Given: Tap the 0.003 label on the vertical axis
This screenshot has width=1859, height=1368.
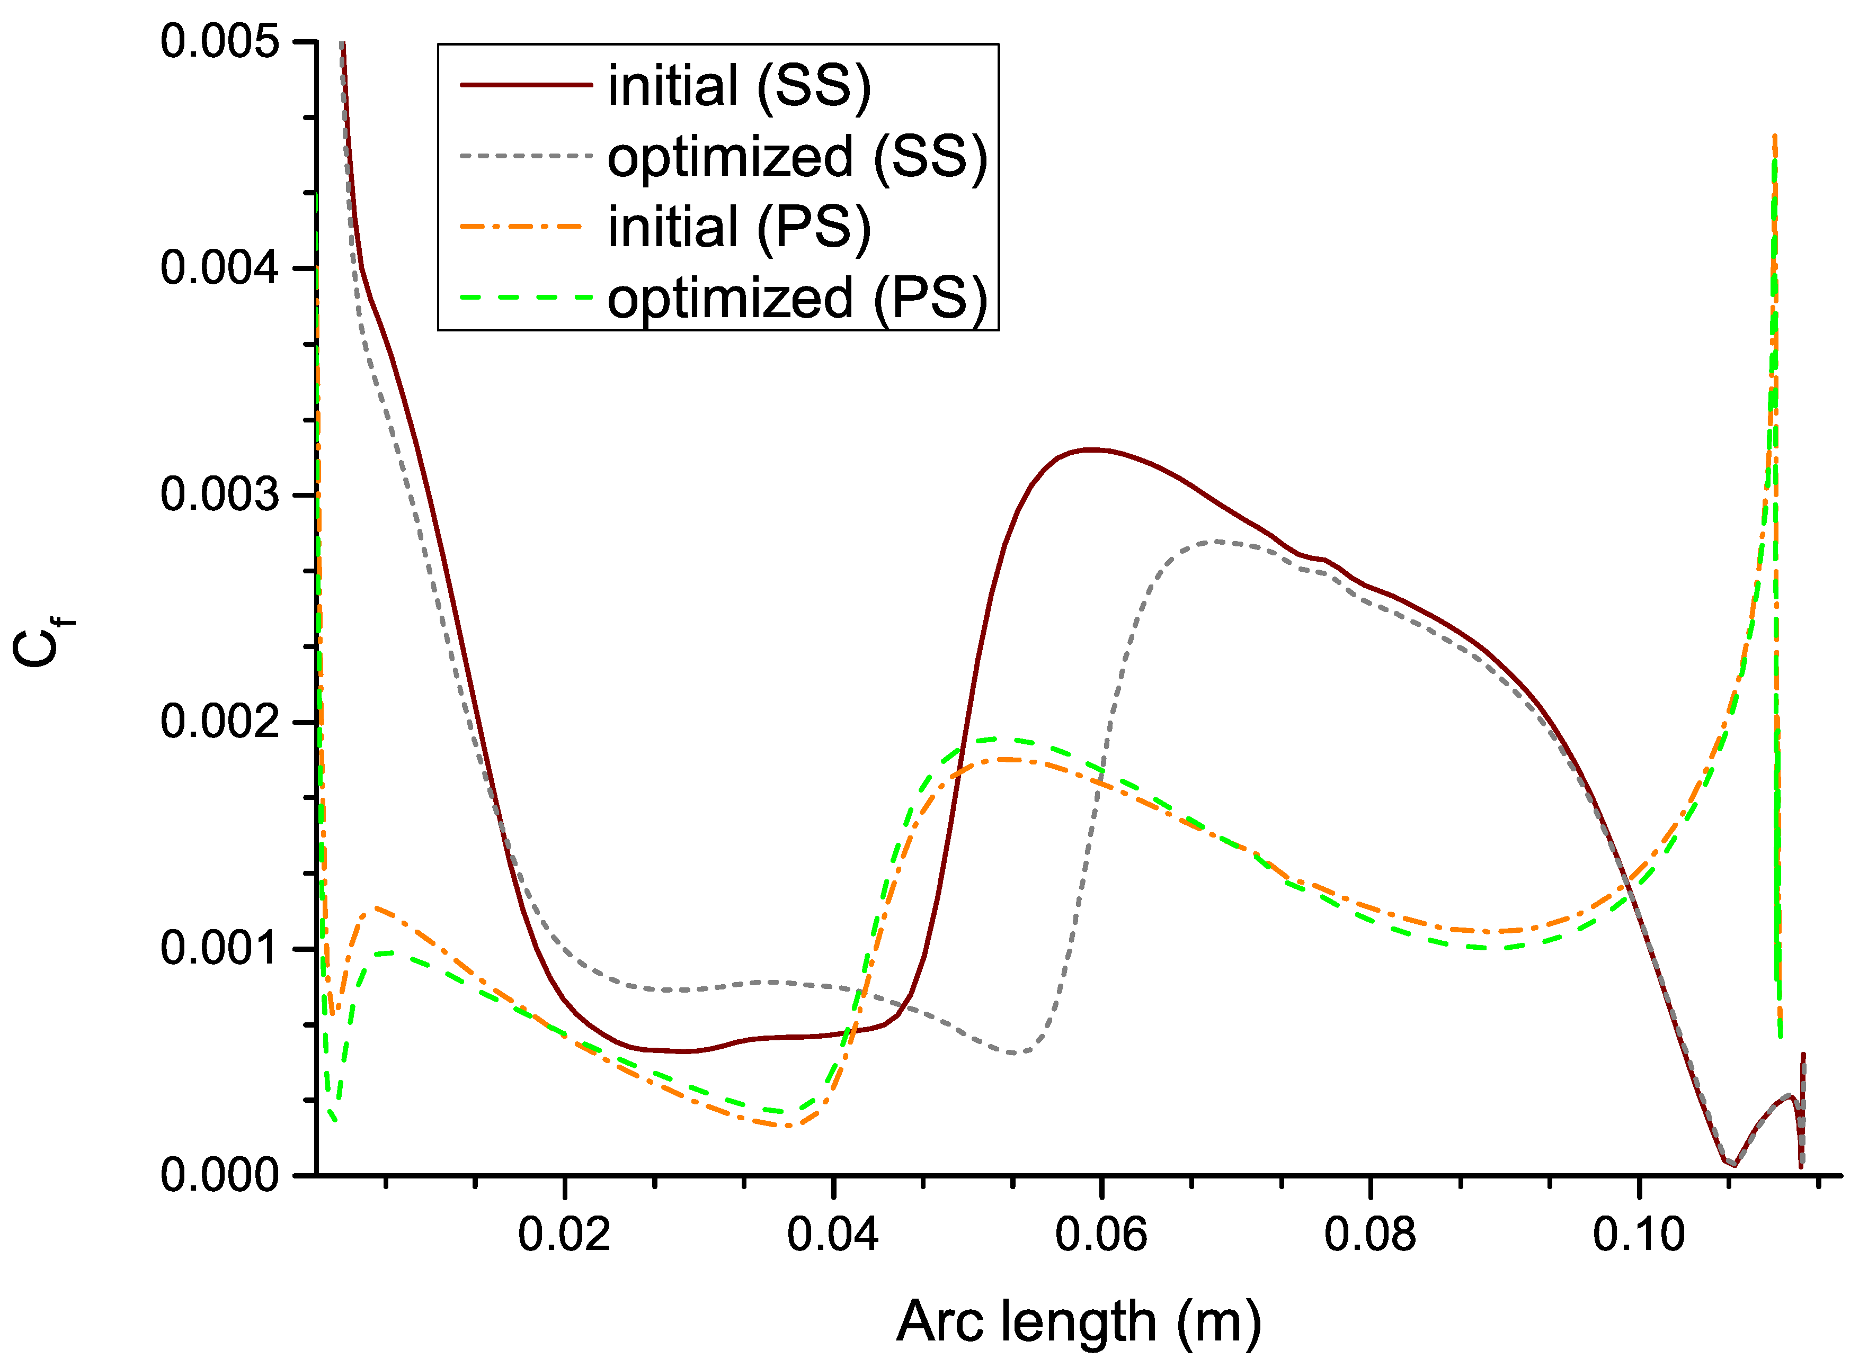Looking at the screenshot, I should coord(219,494).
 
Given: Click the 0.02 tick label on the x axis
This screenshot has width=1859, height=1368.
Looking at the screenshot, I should coord(564,1234).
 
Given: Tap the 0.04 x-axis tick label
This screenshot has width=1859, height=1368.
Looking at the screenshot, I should coord(833,1234).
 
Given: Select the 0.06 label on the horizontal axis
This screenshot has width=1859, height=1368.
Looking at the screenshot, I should coord(1101,1234).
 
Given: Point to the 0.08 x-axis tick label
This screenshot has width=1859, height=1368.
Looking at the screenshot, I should coord(1370,1234).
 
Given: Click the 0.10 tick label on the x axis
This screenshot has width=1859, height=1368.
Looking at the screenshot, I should coord(1639,1234).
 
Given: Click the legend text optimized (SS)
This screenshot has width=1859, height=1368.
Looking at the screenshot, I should coord(797,157).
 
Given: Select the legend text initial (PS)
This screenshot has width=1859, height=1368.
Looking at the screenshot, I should coord(739,227).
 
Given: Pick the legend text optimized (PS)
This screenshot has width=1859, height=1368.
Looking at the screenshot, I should coord(797,298).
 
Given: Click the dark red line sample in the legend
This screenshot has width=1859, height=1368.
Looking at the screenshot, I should coord(526,85).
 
